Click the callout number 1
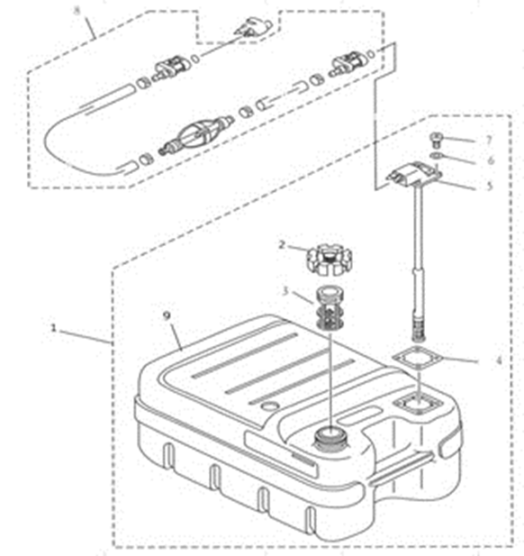[53, 328]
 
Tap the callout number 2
[282, 245]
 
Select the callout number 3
[285, 291]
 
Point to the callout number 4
[499, 360]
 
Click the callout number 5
[490, 186]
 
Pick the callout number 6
[491, 160]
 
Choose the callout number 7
[489, 140]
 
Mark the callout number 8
[77, 11]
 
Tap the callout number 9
[167, 315]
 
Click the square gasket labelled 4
[418, 359]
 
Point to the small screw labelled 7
[436, 140]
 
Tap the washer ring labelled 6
[436, 155]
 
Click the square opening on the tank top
[418, 405]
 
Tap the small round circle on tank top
[270, 406]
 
